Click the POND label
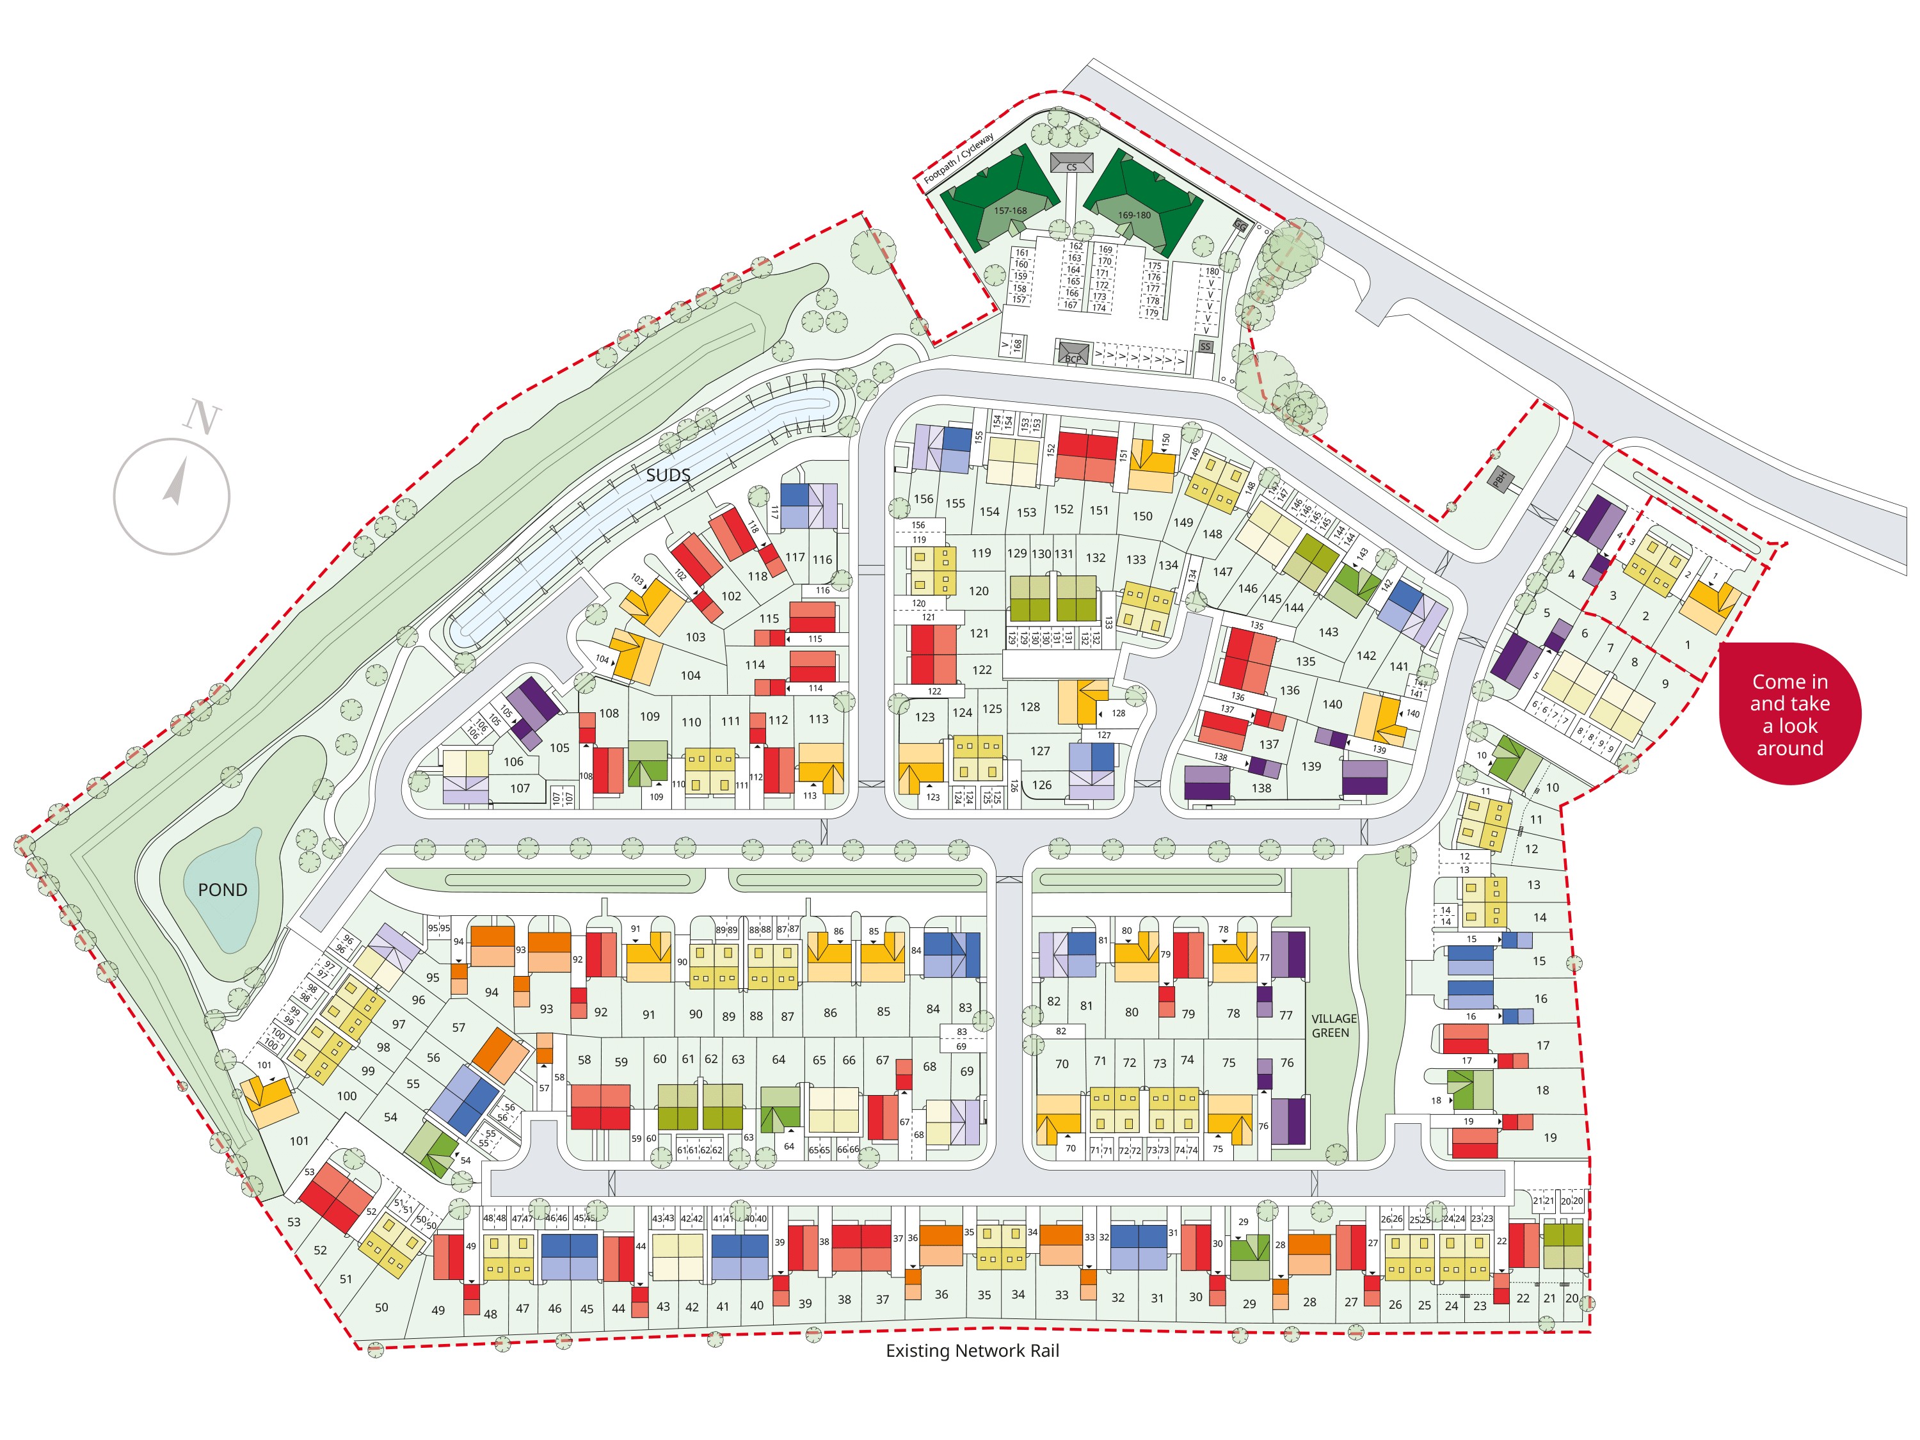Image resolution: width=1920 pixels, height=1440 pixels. pos(222,890)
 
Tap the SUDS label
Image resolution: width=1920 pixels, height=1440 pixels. pos(668,475)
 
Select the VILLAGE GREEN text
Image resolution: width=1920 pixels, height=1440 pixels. pos(1333,1025)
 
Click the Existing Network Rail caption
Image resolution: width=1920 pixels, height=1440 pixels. pos(972,1350)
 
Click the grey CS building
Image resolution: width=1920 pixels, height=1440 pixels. pos(1071,163)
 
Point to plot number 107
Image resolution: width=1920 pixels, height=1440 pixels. pos(519,788)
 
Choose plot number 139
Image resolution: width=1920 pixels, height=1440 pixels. pos(1311,767)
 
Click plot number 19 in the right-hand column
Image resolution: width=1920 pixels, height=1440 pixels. pos(1549,1137)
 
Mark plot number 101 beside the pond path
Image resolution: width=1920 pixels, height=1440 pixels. pos(299,1140)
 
